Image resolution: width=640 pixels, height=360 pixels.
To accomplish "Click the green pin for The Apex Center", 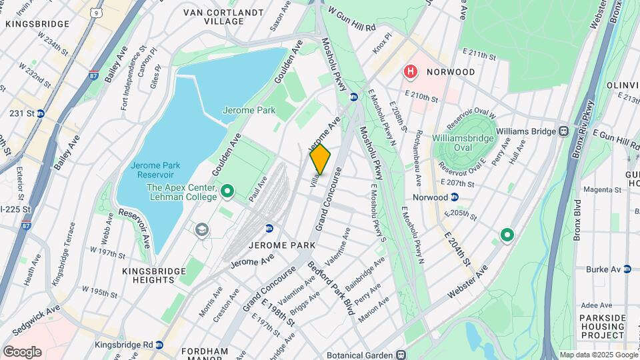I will point(227,193).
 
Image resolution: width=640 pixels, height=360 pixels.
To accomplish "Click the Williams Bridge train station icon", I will point(564,131).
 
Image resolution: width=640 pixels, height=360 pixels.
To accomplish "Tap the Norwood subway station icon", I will point(455,197).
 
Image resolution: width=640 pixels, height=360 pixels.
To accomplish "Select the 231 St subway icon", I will point(40,113).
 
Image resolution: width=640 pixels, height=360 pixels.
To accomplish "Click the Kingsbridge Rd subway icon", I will point(159,345).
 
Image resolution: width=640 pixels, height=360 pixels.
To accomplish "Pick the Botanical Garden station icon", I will point(401,355).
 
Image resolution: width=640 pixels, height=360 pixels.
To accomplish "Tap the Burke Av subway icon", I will point(627,269).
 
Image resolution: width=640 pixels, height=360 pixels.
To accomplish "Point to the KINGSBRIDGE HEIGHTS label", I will point(149,275).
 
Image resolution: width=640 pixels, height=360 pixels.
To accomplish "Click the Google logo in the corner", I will point(22,351).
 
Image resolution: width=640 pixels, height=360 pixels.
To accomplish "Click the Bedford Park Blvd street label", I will point(339,288).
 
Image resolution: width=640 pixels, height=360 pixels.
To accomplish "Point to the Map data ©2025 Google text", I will point(597,355).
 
